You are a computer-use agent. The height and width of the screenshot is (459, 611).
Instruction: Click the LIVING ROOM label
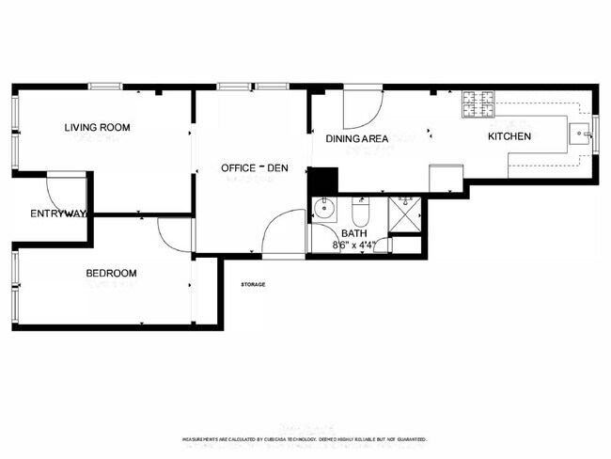coord(97,127)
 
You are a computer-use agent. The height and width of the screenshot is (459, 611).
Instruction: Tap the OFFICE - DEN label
coord(254,167)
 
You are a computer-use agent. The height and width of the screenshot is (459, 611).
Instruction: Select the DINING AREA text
coord(357,139)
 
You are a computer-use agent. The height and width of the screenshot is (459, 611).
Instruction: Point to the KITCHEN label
coord(509,136)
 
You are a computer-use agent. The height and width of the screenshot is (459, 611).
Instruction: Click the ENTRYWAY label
coord(58,214)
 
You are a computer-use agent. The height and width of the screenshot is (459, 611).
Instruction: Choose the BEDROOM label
coord(111,274)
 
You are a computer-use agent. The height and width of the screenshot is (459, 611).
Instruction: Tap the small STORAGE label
coord(253,284)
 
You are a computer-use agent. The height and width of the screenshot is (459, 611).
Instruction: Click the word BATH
coord(354,233)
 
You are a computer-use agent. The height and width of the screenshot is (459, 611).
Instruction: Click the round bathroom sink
coord(326,209)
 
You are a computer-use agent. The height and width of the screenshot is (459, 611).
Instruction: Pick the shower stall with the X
coord(407,214)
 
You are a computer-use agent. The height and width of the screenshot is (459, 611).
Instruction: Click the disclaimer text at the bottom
coord(305,439)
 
